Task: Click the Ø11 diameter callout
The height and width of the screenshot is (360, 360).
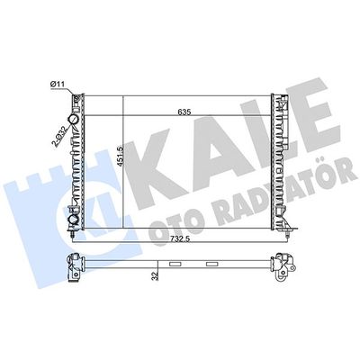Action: click(58, 85)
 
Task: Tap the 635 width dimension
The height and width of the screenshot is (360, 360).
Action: click(184, 112)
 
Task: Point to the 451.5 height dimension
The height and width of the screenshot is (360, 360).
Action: click(121, 157)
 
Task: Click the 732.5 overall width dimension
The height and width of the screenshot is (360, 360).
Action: click(180, 238)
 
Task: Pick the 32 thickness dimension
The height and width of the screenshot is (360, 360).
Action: click(155, 276)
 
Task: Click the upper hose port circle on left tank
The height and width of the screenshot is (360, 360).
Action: click(74, 120)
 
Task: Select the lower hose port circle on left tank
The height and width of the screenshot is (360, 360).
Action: click(74, 220)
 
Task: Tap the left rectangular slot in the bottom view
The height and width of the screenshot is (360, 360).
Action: click(175, 265)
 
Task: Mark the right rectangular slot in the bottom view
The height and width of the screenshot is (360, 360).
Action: click(212, 265)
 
